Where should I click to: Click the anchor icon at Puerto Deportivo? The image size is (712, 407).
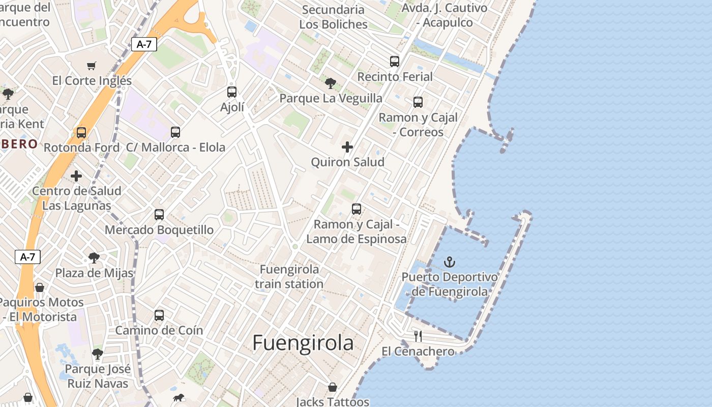coord(450,263)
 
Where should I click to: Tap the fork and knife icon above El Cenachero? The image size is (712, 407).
coord(418,336)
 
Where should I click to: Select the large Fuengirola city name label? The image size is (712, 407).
coord(303,343)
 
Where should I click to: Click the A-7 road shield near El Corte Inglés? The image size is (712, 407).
coord(144,44)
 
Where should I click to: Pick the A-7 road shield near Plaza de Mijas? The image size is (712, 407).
coord(27,257)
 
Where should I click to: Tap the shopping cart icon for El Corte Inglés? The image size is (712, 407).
coord(92,66)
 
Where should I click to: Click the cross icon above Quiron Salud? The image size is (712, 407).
coord(347,148)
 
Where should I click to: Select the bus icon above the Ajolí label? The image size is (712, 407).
coord(232,92)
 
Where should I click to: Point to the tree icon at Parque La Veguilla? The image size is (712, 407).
coord(331,83)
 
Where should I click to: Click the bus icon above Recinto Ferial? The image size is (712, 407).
coord(395,62)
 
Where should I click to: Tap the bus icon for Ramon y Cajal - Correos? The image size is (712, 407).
coord(418,102)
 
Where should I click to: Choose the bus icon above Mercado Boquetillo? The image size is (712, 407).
coord(159,215)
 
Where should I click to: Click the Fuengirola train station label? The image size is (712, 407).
coord(289,277)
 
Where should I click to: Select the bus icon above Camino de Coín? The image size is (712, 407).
coord(159,315)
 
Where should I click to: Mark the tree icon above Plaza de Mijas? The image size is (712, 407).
coord(94,258)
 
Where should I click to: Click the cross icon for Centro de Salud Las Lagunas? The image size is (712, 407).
coord(76,177)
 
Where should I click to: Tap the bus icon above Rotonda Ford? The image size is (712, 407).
coord(81,133)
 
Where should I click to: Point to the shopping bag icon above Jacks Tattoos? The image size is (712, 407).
coord(333,388)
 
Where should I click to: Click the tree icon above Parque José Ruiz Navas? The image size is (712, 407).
coord(98,354)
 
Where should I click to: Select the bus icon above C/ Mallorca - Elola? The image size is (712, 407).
coord(175,132)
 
